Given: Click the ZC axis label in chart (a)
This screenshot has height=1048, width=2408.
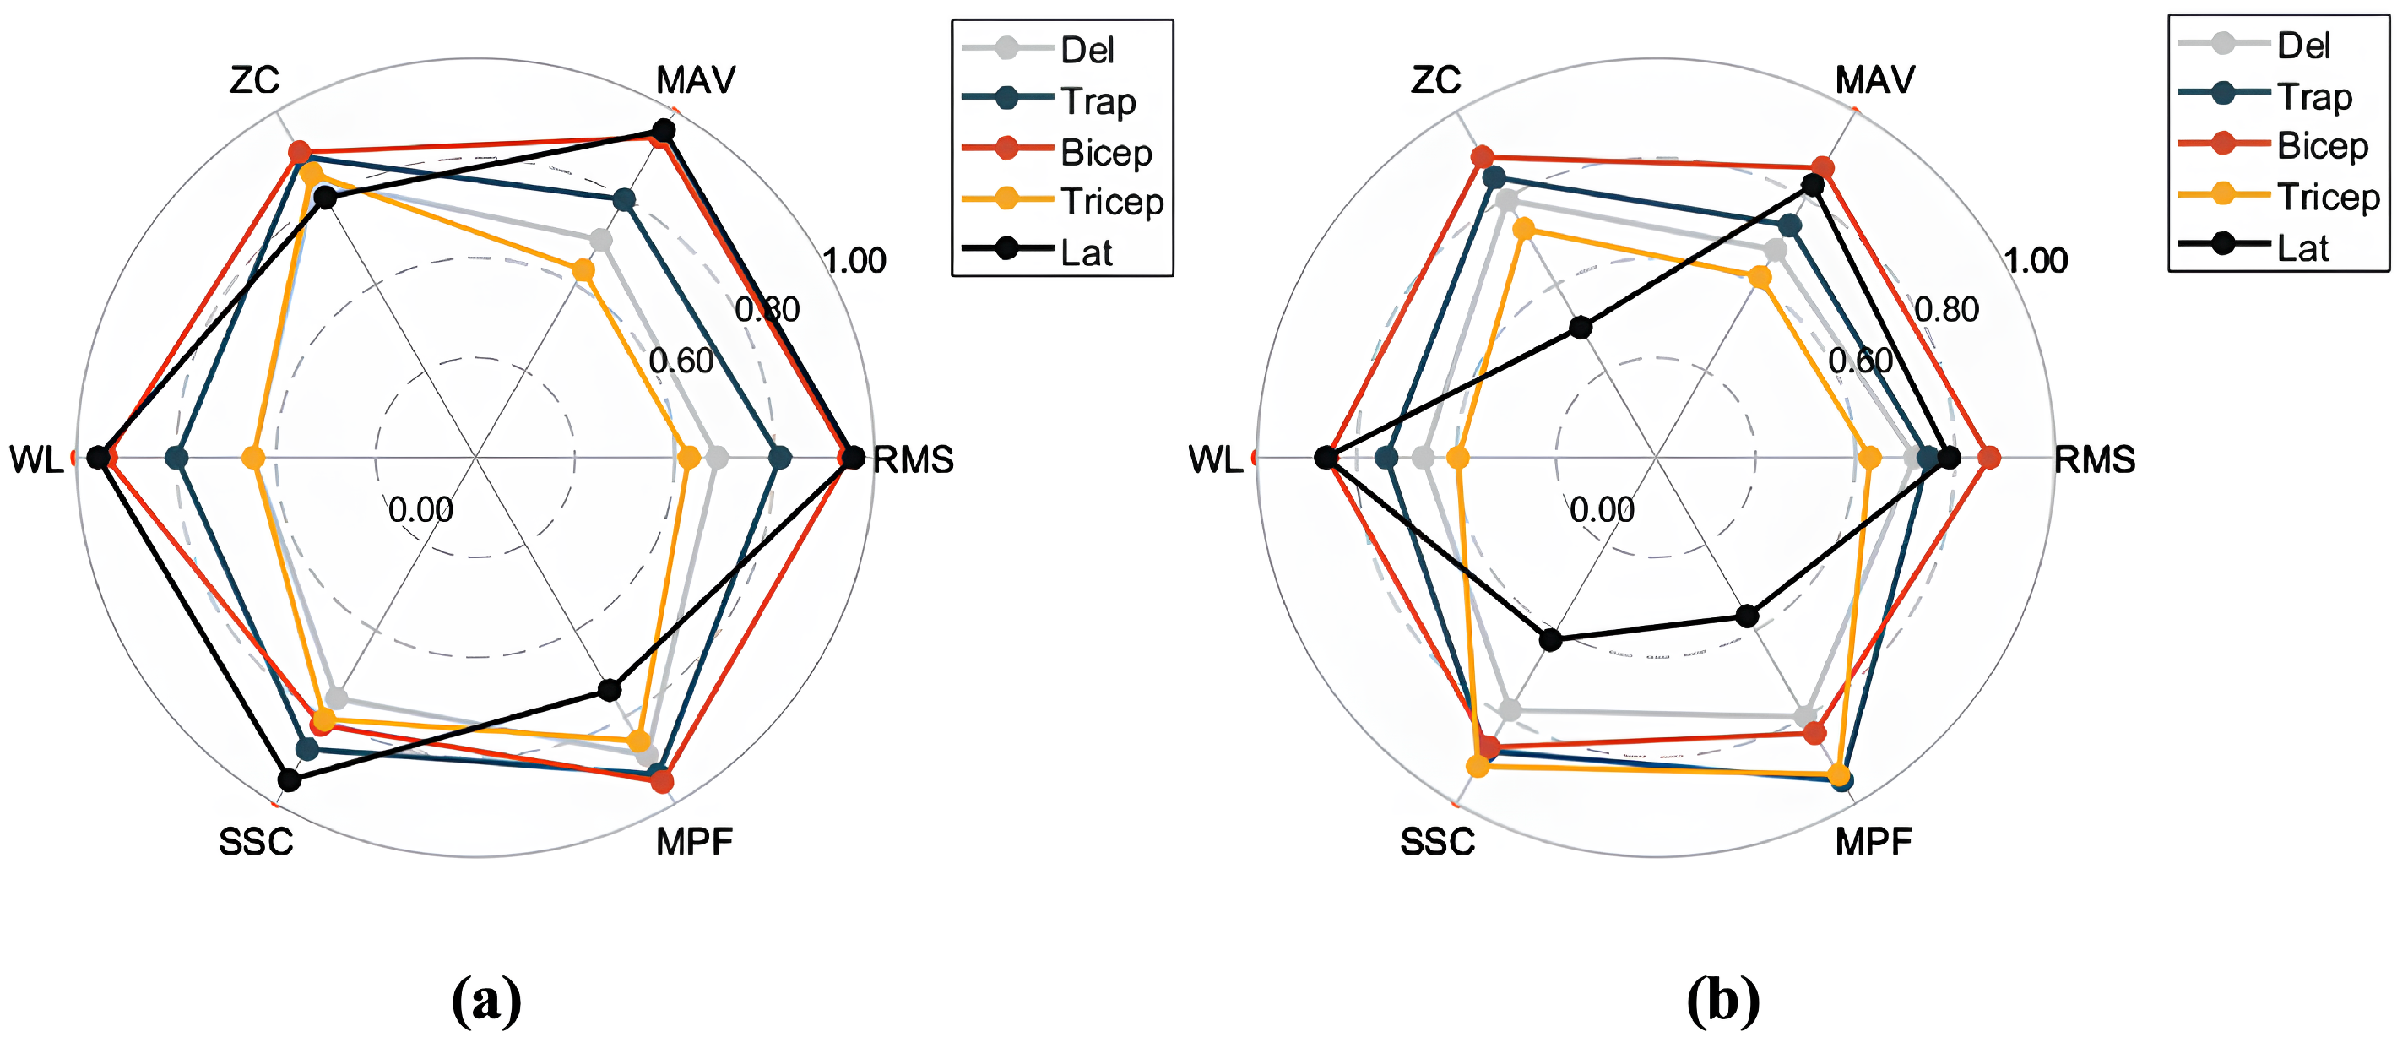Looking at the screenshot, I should (x=254, y=80).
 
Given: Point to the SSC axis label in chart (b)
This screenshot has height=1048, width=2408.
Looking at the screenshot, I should (x=1437, y=842).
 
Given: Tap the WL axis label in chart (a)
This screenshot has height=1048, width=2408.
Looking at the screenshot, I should (x=36, y=460).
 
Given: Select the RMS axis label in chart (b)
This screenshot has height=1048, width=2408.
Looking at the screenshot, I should (x=2095, y=460).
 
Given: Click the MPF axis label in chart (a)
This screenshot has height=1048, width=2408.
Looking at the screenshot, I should (x=695, y=842).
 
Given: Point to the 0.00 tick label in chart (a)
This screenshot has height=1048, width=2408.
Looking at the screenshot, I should (x=420, y=509).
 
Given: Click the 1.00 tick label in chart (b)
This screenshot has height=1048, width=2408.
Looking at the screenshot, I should (x=2036, y=260).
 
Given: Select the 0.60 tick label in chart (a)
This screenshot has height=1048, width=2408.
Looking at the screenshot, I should (x=681, y=360).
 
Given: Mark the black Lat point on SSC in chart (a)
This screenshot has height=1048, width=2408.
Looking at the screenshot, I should (x=290, y=779).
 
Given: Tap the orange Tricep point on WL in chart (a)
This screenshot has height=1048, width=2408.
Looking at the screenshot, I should (x=253, y=458).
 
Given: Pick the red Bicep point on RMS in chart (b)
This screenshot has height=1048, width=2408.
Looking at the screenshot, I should (x=1989, y=458).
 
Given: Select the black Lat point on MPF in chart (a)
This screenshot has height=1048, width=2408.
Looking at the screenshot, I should (x=610, y=690).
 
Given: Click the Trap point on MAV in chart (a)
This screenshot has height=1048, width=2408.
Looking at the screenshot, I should (x=623, y=200).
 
